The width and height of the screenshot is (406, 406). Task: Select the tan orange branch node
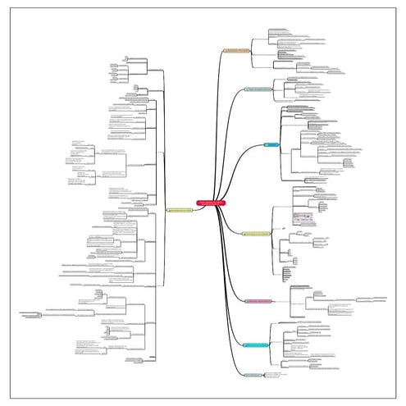coord(236,51)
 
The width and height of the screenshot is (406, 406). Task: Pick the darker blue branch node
coord(271,145)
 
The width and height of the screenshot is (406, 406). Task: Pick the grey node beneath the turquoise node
coord(253,375)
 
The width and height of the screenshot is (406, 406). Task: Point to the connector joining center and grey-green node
coord(226,123)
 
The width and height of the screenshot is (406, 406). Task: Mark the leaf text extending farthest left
coord(33,313)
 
